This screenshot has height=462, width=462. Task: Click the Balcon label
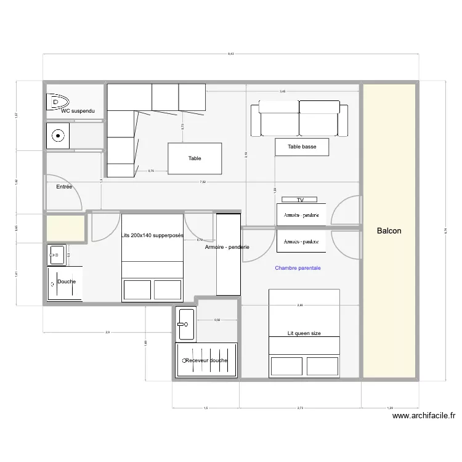389,231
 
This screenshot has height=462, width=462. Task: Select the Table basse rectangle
301,147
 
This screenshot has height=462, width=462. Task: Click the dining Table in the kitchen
195,158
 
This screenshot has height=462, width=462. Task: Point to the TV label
300,200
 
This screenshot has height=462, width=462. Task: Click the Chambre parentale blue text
298,268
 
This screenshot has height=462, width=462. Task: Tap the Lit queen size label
304,333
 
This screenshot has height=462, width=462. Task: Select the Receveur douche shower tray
206,360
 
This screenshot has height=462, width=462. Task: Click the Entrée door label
64,186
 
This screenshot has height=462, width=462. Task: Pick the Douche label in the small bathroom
66,282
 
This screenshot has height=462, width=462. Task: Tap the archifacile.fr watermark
424,416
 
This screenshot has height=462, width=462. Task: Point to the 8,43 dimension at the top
230,54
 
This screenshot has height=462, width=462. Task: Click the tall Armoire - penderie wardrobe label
227,247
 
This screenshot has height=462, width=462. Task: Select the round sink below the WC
59,135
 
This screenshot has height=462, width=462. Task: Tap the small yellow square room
65,228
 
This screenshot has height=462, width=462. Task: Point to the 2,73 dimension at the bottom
300,408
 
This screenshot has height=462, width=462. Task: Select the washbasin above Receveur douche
185,323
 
